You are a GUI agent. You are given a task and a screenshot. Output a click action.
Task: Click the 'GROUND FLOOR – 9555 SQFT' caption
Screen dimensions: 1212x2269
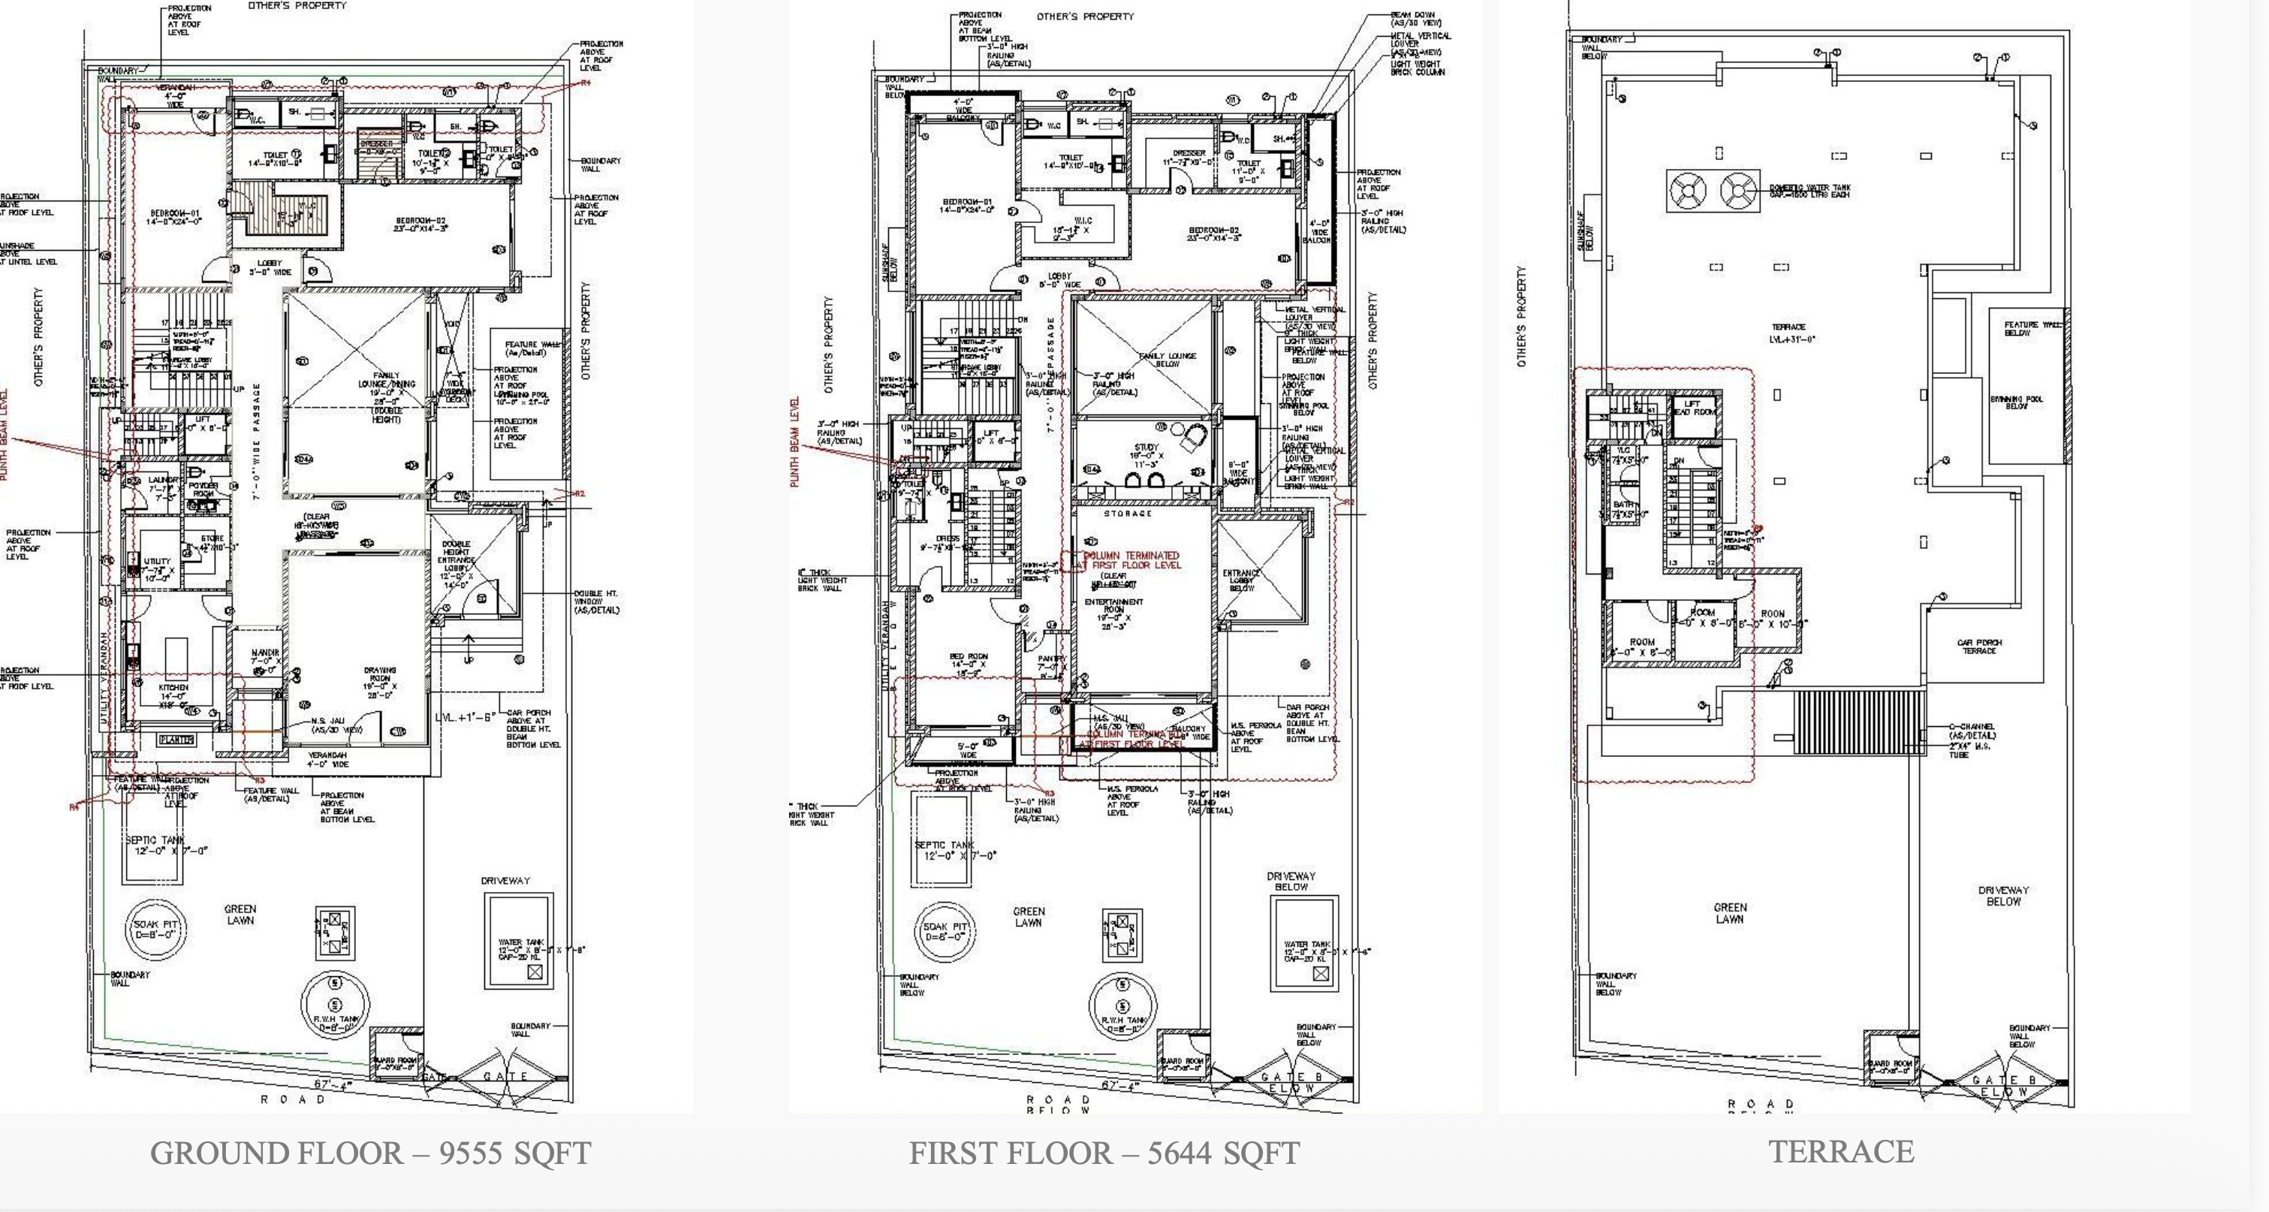[370, 1152]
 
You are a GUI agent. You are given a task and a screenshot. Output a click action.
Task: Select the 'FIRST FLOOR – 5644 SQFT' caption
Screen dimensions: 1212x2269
[1104, 1153]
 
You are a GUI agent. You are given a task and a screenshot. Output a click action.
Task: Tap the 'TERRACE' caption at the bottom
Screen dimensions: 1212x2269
[1841, 1151]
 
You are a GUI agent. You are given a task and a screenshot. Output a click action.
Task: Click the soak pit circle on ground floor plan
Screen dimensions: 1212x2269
[156, 929]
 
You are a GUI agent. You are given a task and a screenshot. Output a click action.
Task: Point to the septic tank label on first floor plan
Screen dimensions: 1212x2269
[945, 849]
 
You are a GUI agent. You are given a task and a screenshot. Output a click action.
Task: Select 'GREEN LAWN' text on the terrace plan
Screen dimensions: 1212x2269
[1730, 912]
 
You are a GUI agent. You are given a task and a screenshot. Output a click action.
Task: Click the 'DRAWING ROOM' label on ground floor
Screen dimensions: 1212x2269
[380, 682]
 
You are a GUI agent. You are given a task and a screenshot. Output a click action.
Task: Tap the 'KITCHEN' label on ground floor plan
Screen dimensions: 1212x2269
[173, 692]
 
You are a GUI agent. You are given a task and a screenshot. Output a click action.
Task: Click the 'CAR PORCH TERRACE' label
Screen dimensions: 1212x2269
[1978, 647]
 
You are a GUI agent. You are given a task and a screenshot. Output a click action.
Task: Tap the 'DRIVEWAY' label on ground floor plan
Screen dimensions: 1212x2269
[505, 880]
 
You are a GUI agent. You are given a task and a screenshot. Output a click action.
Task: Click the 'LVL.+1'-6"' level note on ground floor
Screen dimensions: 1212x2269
[467, 717]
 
